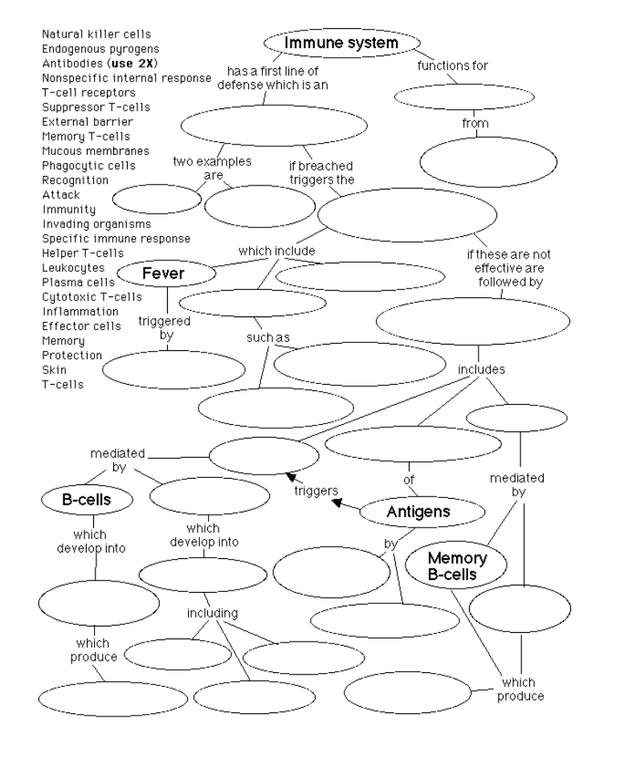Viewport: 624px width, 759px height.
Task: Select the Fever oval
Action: point(164,274)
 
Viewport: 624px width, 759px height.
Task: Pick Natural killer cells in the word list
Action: point(96,35)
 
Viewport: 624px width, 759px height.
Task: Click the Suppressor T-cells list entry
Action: point(96,107)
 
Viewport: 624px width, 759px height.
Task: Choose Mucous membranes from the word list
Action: point(95,151)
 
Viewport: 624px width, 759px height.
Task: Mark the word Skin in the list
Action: point(53,369)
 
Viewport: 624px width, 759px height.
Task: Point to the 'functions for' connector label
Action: point(452,65)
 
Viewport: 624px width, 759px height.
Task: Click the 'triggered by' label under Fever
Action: point(163,328)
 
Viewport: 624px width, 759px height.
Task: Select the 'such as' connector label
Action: point(267,338)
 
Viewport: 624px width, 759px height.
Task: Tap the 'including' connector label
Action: point(212,614)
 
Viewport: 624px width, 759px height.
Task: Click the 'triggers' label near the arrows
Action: point(314,490)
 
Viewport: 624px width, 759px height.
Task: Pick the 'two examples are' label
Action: point(213,168)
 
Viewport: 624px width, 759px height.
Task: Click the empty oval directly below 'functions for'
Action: point(453,96)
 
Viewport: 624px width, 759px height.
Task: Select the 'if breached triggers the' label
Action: point(321,173)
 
